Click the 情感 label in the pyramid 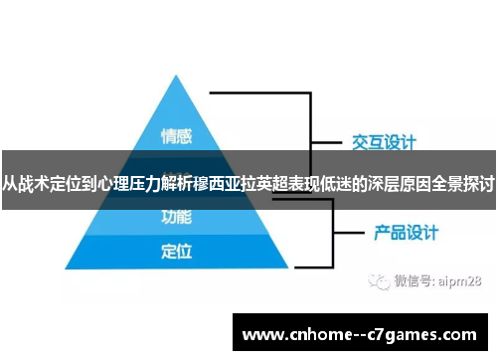point(176,134)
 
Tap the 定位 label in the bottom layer point(176,251)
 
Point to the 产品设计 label point(407,234)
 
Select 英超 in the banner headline point(257,183)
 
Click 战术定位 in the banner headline point(49,183)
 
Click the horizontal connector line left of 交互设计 point(330,141)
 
